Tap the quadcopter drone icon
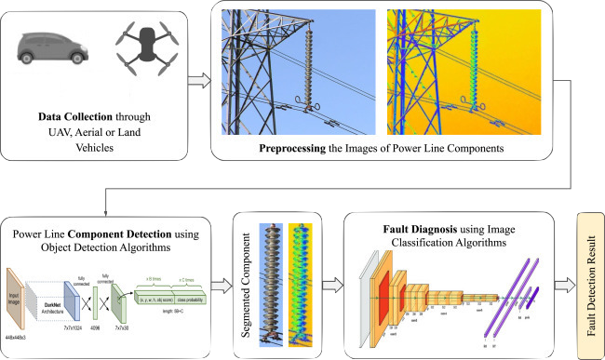(x=143, y=54)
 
